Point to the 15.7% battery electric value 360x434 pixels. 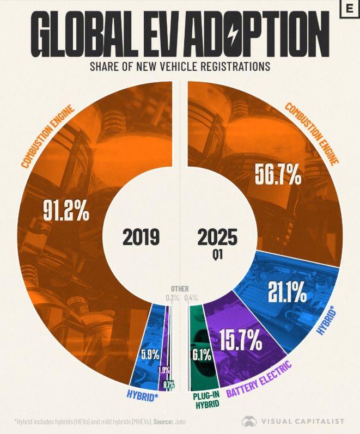pos(241,341)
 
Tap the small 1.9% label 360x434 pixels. pos(163,370)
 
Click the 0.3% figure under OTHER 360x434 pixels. pos(173,297)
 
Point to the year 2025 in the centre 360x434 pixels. pos(218,237)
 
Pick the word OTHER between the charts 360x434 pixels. pos(180,289)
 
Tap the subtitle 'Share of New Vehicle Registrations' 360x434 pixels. pos(180,67)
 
